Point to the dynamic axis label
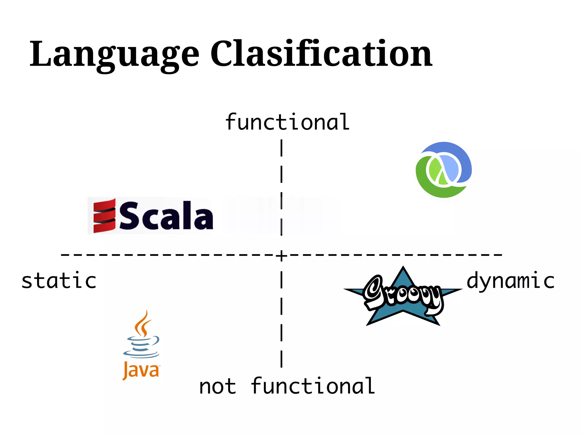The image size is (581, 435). click(511, 281)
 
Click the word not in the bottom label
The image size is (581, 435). click(217, 387)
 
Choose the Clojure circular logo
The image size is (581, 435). click(444, 170)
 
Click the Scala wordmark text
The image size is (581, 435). click(166, 216)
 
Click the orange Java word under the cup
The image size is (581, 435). click(141, 370)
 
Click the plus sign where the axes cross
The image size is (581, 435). click(281, 255)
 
